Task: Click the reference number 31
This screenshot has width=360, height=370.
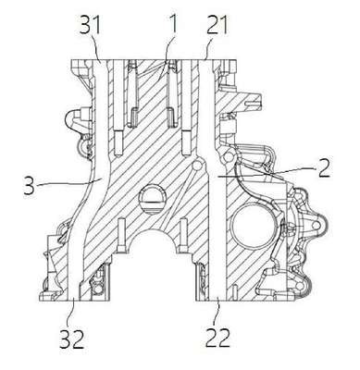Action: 91,25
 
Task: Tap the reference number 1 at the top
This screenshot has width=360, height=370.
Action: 173,24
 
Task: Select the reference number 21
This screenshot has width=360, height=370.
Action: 217,25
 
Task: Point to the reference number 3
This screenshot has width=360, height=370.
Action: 29,184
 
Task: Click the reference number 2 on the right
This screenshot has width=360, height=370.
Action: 324,167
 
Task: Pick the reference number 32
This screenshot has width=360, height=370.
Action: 71,339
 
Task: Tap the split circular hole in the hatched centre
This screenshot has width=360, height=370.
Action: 153,199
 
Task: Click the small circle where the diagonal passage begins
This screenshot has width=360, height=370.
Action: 196,166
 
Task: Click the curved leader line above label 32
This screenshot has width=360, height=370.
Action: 73,312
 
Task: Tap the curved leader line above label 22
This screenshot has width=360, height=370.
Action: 218,312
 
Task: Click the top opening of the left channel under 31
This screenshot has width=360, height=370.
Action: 101,61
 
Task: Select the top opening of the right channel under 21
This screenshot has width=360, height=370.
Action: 206,61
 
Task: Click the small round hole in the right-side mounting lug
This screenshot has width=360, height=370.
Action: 315,226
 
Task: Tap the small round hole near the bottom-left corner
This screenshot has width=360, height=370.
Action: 98,289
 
